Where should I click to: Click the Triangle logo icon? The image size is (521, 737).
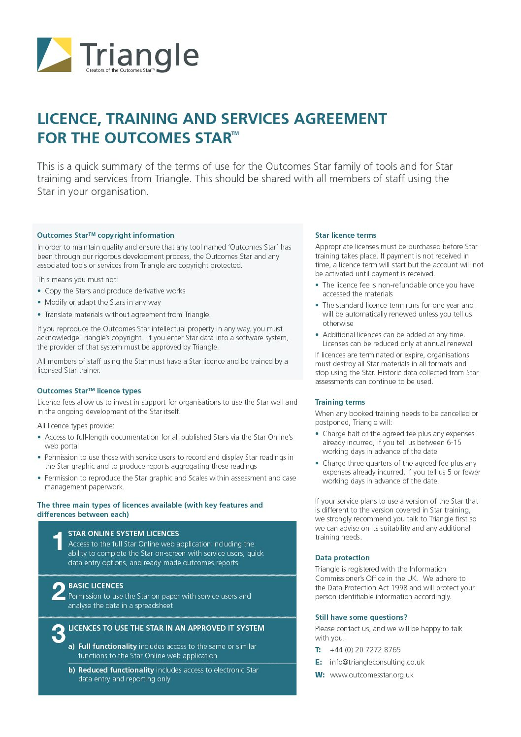tap(54, 55)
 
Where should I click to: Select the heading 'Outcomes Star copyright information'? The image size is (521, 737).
tap(105, 235)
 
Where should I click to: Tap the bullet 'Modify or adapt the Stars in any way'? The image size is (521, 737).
tap(102, 302)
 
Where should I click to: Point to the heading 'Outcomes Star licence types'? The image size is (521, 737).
tap(89, 391)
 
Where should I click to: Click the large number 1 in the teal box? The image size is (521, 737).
tap(58, 542)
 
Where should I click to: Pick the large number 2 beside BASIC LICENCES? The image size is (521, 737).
tap(58, 591)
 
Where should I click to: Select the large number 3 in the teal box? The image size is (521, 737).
tap(58, 634)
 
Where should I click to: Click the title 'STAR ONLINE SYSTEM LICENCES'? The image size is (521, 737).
tap(124, 534)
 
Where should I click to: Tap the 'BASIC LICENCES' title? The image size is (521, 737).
tap(96, 586)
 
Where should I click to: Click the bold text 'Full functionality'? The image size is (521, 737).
tap(107, 646)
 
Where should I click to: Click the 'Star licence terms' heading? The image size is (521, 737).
tap(346, 235)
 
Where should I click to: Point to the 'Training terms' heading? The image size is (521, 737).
tap(340, 402)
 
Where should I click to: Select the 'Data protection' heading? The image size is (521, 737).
tap(342, 558)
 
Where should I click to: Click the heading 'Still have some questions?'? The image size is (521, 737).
tap(361, 617)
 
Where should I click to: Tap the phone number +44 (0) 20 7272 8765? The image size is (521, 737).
tap(365, 650)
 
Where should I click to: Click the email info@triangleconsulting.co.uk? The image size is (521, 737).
tap(377, 662)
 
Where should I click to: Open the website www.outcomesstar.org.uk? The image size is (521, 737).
tap(372, 675)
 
